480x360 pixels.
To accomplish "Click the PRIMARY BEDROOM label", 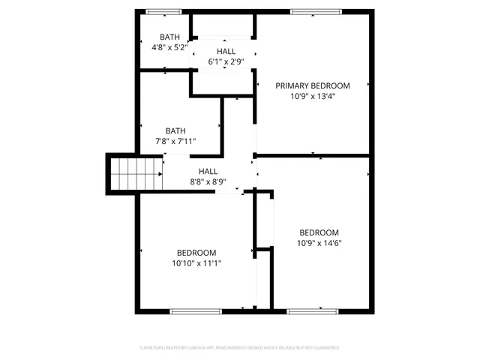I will point(312,85).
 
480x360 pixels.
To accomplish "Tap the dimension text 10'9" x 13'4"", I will point(312,96).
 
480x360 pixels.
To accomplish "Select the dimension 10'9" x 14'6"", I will point(319,243).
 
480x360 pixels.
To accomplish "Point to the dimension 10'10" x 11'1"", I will point(196,263).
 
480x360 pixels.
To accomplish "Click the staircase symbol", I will point(136,174).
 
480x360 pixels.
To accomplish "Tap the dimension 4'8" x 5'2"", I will point(169,47).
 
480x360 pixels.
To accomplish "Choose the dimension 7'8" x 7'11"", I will point(175,140).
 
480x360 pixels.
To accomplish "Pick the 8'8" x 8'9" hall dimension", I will point(208,181).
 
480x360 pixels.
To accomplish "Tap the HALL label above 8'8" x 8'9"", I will point(208,171).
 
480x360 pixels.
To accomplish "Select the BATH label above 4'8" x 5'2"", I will point(169,37).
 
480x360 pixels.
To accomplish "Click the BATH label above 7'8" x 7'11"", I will point(175,130).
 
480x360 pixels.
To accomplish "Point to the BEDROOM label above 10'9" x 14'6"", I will point(319,232).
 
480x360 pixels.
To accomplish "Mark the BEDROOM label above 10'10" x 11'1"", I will point(196,253).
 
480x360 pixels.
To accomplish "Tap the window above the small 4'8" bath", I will point(163,11).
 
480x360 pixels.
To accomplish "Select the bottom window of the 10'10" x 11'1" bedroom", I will point(196,310).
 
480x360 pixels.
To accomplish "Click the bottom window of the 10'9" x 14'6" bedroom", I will point(308,310).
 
